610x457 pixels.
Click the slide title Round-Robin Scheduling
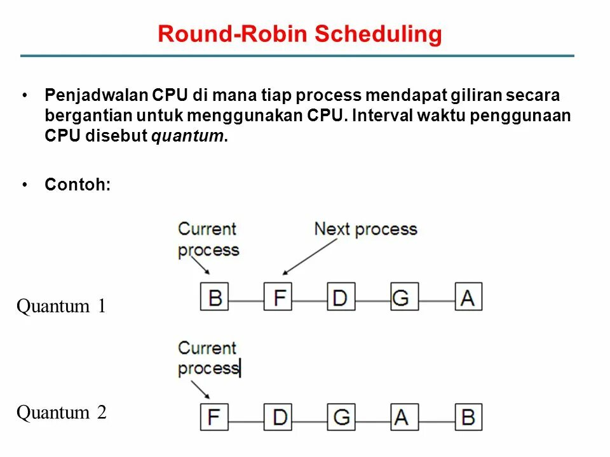tap(299, 34)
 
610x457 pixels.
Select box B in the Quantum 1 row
tap(215, 296)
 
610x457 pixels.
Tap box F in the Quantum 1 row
tap(278, 296)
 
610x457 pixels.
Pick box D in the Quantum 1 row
tap(341, 296)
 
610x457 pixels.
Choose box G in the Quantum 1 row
tap(405, 296)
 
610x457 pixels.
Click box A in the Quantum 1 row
tap(468, 296)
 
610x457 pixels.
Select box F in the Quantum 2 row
tap(214, 417)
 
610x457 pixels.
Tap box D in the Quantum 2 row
tap(278, 417)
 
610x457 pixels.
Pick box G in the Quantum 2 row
tap(341, 417)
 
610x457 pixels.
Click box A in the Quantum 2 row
tap(405, 417)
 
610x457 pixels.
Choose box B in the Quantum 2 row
tap(468, 417)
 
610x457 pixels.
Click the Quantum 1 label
tap(61, 307)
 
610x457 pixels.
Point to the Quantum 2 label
tap(61, 413)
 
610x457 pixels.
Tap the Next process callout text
tap(365, 228)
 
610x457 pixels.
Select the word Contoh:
tap(78, 185)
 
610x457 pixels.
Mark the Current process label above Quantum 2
tap(208, 358)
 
